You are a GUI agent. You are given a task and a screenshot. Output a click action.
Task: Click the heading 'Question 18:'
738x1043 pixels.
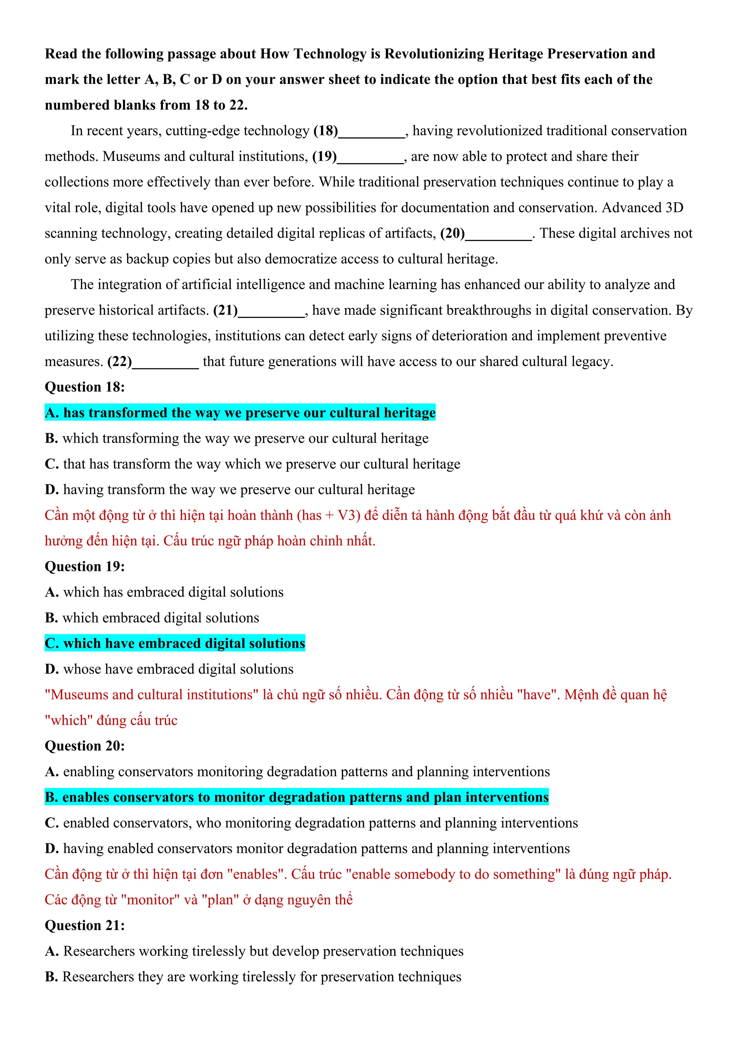point(85,387)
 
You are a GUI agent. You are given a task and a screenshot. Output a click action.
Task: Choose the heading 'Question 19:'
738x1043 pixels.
point(85,567)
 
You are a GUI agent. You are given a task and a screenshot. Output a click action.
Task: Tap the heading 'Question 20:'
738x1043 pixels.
point(85,746)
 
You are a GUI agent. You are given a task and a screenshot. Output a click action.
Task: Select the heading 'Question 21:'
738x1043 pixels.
point(85,925)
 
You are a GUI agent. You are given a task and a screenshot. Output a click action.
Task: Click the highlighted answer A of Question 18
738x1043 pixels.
point(240,412)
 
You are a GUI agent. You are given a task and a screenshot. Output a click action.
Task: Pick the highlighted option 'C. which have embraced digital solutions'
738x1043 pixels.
point(175,643)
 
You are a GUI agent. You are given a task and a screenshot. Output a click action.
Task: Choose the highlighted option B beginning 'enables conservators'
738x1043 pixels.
point(296,797)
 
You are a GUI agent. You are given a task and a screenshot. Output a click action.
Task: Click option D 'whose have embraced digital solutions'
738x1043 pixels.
point(169,669)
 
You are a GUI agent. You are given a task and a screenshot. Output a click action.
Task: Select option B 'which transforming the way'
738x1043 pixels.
point(236,438)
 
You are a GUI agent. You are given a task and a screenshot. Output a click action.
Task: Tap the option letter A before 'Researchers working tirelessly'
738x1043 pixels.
point(52,951)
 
